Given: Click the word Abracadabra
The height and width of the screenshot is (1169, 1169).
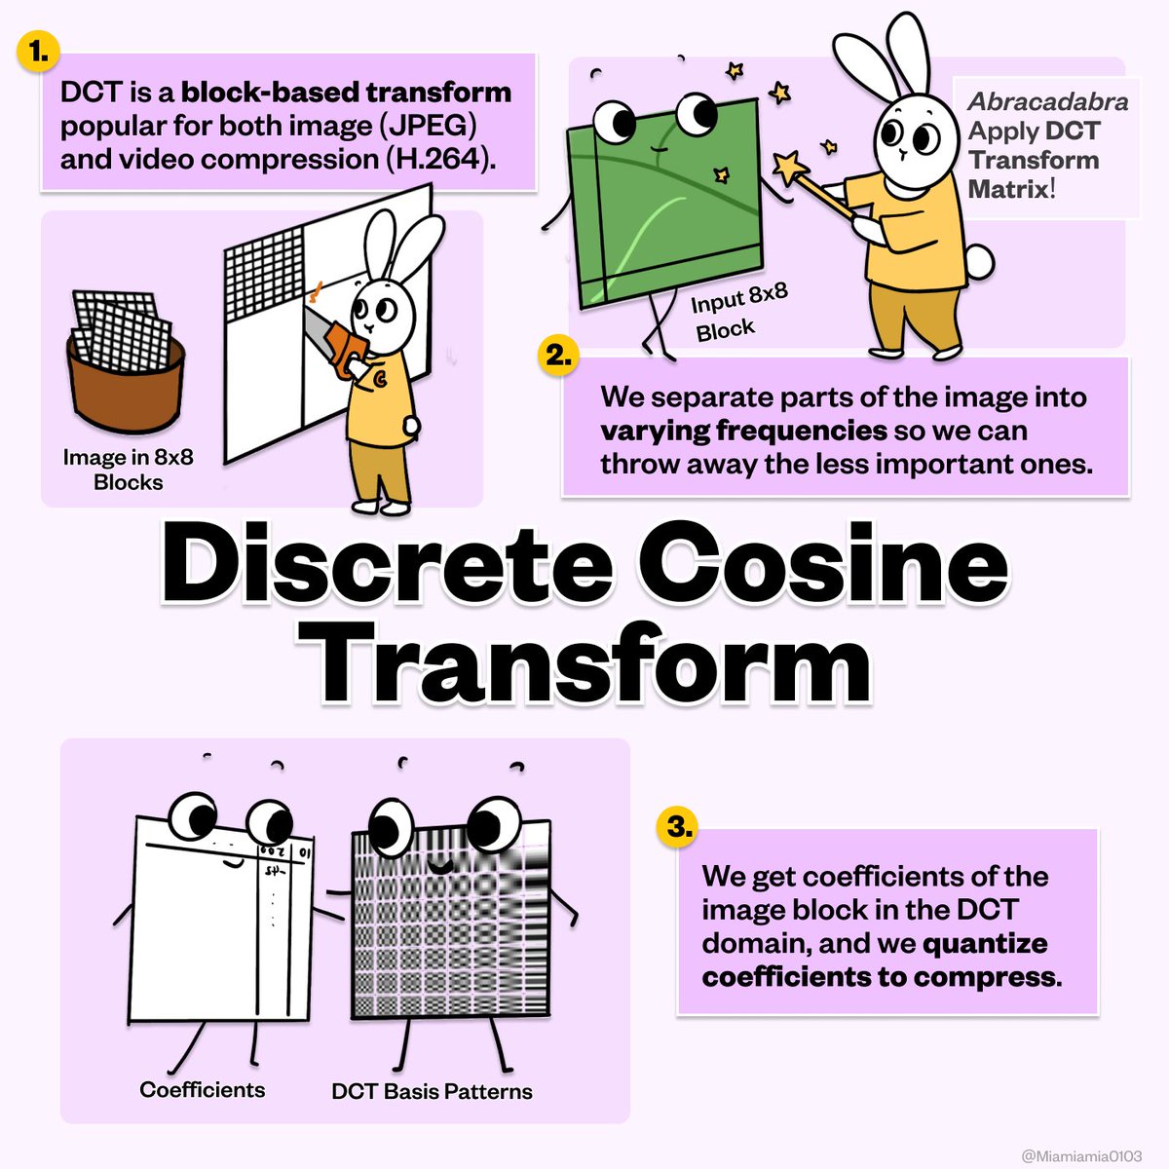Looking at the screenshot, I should click(x=1048, y=101).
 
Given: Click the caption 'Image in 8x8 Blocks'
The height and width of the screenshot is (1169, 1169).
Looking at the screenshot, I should click(x=128, y=469).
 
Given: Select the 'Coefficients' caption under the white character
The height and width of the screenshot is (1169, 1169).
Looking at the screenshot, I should click(x=203, y=1089).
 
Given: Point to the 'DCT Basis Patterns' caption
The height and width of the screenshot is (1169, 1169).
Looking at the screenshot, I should click(x=432, y=1091).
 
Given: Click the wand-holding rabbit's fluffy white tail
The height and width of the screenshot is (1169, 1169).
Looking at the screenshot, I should click(x=980, y=263).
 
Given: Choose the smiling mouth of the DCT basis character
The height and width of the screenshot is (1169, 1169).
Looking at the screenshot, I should click(x=439, y=865).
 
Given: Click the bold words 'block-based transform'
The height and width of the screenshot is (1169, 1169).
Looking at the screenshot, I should click(x=346, y=93).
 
